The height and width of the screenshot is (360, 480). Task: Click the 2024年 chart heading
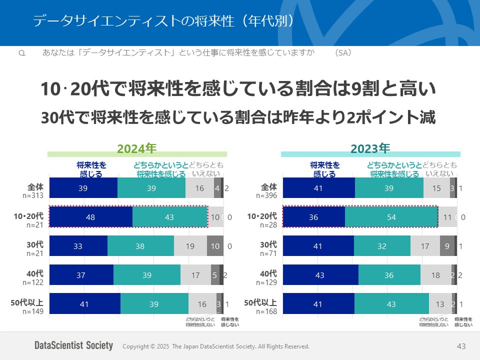pyautogui.click(x=137, y=148)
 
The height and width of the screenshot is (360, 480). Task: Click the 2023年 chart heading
pyautogui.click(x=370, y=148)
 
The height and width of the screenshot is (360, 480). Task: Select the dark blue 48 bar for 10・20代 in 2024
pyautogui.click(x=90, y=217)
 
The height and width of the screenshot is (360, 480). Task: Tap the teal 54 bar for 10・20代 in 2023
pyautogui.click(x=391, y=217)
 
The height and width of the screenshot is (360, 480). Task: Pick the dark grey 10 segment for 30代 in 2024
pyautogui.click(x=215, y=246)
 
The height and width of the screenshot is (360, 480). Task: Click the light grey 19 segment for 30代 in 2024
pyautogui.click(x=190, y=246)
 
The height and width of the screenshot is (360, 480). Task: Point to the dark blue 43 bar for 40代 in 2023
pyautogui.click(x=320, y=275)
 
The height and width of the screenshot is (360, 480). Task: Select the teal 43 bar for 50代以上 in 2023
pyautogui.click(x=391, y=304)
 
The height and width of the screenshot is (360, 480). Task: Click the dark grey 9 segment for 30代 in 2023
pyautogui.click(x=447, y=246)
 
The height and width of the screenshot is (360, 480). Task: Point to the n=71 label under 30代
pyautogui.click(x=268, y=253)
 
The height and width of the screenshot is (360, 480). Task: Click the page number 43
pyautogui.click(x=461, y=346)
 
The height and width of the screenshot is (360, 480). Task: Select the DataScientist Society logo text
pyautogui.click(x=73, y=345)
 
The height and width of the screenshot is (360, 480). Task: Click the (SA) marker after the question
pyautogui.click(x=343, y=52)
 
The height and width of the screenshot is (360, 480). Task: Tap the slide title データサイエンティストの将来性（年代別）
pyautogui.click(x=162, y=20)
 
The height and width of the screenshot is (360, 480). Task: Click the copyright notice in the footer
pyautogui.click(x=216, y=346)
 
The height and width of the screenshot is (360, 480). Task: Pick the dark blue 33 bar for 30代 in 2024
pyautogui.click(x=78, y=246)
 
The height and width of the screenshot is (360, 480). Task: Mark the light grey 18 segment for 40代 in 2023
pyautogui.click(x=435, y=275)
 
